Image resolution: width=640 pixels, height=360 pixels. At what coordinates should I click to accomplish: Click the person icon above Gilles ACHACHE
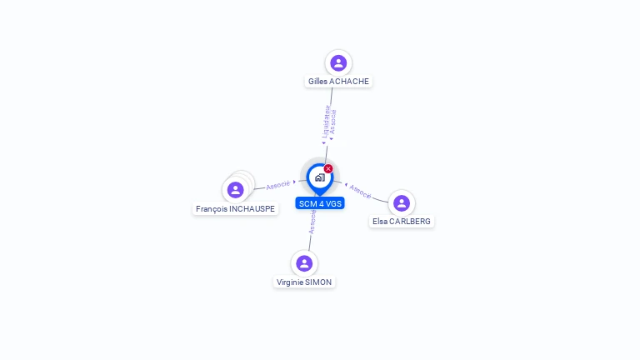[x=337, y=62]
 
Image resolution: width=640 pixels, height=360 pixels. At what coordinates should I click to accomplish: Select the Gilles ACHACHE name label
[x=337, y=82]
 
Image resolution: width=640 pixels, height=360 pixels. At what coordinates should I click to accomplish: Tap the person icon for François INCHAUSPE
[x=236, y=190]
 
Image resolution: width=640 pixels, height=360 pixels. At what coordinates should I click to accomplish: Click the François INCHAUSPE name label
[x=235, y=209]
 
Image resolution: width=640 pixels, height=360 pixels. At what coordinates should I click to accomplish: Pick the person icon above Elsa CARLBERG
[x=402, y=203]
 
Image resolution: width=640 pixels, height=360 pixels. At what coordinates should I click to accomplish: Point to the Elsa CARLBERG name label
[x=402, y=222]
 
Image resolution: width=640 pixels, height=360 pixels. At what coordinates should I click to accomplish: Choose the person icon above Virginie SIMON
[x=304, y=263]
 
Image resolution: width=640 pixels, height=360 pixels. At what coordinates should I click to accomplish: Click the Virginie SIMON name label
[x=304, y=282]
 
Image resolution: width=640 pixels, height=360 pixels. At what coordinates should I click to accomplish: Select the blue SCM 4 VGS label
[x=319, y=203]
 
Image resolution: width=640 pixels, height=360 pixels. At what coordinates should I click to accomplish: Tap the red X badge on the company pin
[x=328, y=169]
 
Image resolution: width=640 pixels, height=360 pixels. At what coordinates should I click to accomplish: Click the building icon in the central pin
[x=319, y=177]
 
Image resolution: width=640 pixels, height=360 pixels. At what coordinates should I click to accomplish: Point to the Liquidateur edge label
[x=326, y=122]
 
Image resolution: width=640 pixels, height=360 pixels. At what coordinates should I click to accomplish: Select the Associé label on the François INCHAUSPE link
[x=278, y=184]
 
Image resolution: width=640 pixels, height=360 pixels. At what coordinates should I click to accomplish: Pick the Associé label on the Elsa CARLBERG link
[x=360, y=190]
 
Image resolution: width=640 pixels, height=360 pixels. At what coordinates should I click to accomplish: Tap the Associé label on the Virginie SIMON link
[x=312, y=222]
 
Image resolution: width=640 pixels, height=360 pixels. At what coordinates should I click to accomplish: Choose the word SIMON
[x=318, y=282]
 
